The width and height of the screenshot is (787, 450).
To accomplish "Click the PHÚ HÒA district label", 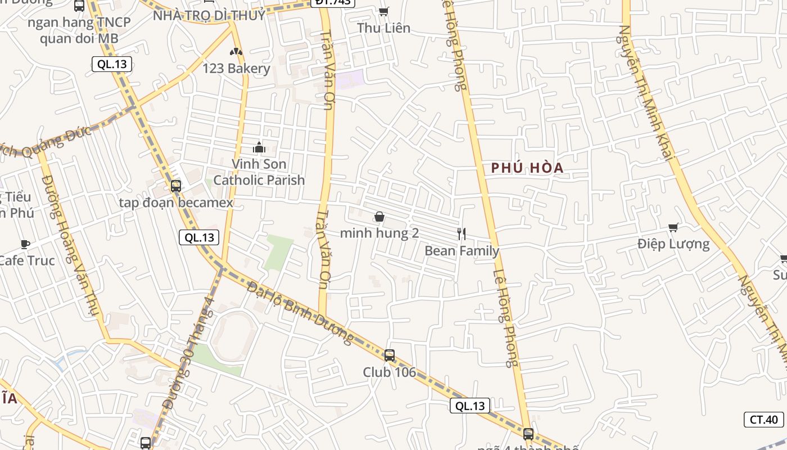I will click(x=527, y=168).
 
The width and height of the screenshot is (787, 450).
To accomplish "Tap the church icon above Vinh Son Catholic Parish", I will click(x=259, y=147).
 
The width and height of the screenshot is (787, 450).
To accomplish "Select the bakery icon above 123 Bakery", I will click(x=236, y=52).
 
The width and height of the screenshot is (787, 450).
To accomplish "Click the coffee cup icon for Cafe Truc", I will click(x=25, y=244).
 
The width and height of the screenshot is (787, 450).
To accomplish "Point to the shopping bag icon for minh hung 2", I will click(x=379, y=217).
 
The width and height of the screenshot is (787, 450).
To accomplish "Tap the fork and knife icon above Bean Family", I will click(x=462, y=234).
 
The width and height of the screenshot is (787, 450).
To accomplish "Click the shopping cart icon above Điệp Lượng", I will click(x=673, y=227).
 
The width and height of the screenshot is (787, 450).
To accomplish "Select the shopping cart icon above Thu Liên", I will click(x=384, y=11).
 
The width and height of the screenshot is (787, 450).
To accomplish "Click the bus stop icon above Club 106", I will click(x=389, y=355).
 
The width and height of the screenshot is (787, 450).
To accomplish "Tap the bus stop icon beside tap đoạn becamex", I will click(x=175, y=186).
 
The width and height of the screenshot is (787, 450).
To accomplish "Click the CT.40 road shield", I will click(x=764, y=419).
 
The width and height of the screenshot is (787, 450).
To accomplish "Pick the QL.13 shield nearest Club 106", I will click(x=470, y=406).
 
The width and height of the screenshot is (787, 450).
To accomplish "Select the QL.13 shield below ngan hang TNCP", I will click(x=112, y=64).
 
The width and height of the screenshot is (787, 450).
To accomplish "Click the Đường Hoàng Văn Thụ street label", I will click(x=70, y=245).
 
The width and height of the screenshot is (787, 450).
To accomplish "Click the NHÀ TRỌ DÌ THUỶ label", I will click(x=209, y=16).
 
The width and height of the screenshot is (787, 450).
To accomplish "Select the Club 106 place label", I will click(x=389, y=372).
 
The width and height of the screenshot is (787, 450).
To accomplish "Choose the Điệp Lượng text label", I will click(x=673, y=244).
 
